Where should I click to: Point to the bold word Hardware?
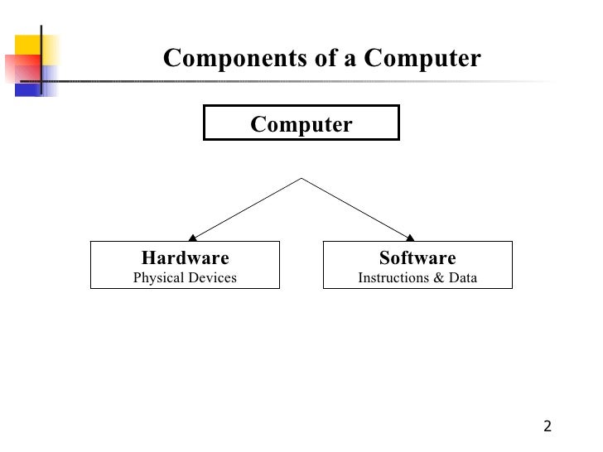(185, 257)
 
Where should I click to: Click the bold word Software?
(417, 257)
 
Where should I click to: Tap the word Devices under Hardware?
(212, 278)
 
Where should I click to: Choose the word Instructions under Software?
(389, 278)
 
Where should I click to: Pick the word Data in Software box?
(462, 278)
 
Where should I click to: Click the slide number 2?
(548, 427)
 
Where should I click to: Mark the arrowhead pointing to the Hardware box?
(192, 238)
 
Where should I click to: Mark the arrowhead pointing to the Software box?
(411, 238)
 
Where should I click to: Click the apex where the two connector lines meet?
(301, 179)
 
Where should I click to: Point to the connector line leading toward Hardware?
(247, 208)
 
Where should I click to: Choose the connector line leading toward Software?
(356, 208)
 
